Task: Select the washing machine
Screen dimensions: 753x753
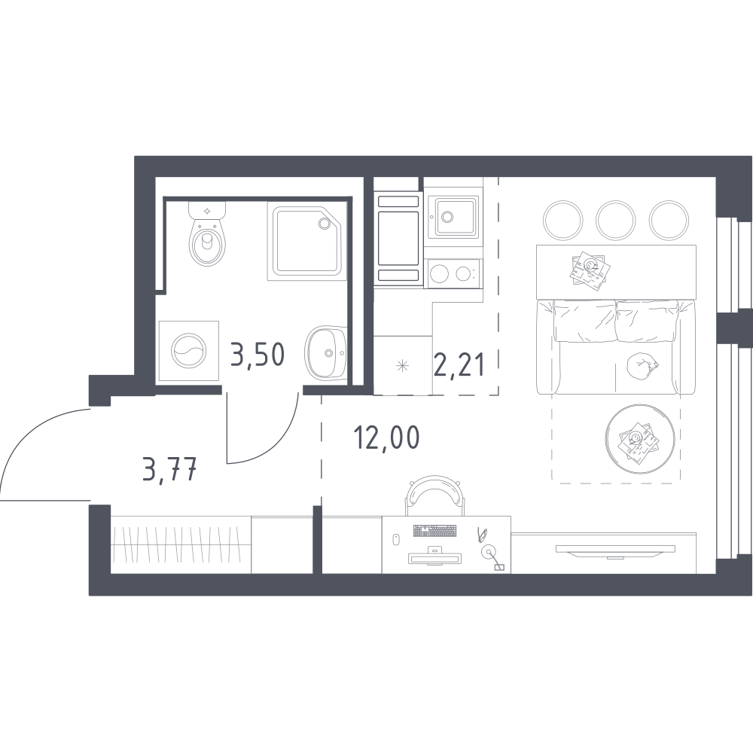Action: coord(189,351)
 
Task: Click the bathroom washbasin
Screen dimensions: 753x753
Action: coord(325,352)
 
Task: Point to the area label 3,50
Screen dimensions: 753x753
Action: coord(258,355)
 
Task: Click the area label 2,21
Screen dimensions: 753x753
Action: coord(459,365)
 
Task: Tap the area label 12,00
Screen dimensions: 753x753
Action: coord(386,438)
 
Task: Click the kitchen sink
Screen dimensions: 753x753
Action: coord(453,218)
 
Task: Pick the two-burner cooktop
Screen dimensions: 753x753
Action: coord(453,274)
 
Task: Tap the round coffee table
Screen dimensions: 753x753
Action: coord(640,439)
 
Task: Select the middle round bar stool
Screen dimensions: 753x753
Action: coord(616,220)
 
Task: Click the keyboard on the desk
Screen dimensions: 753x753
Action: coord(435,531)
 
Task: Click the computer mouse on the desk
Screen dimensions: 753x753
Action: coord(397,539)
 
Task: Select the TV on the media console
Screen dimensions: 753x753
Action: coord(615,550)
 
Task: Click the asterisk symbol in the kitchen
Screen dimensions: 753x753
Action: coord(402,366)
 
